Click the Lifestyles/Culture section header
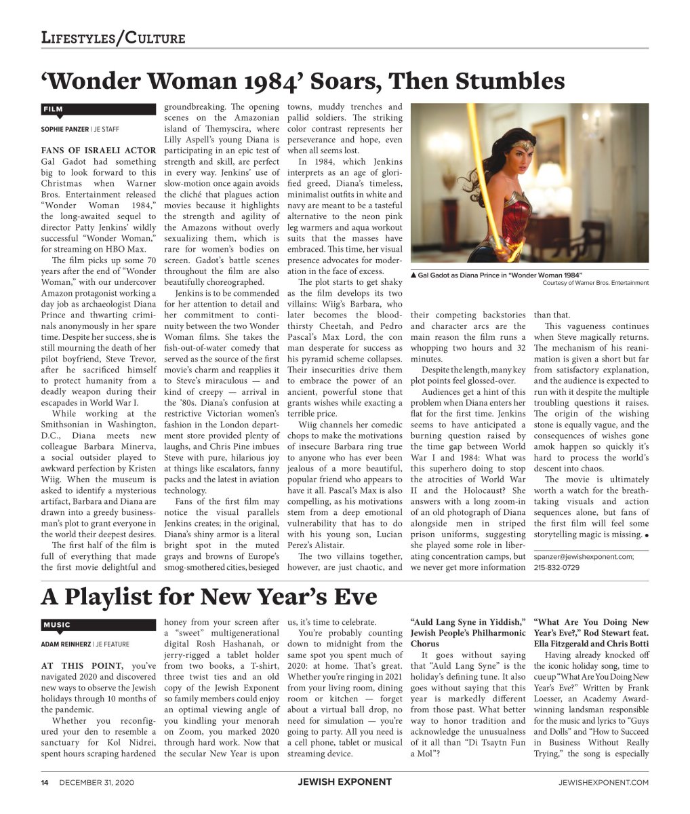(113, 37)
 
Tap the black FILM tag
(54, 109)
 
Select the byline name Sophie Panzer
(65, 129)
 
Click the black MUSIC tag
(57, 625)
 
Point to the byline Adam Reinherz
(66, 644)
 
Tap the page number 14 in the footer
(45, 782)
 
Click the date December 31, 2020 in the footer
(96, 782)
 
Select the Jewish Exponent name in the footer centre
(344, 782)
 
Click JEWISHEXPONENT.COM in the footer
(603, 782)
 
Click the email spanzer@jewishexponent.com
(584, 556)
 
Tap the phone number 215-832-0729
(556, 567)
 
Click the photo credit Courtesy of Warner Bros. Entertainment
(595, 283)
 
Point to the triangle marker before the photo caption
(413, 275)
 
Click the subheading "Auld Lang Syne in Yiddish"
(467, 622)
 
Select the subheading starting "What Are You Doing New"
(590, 622)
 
